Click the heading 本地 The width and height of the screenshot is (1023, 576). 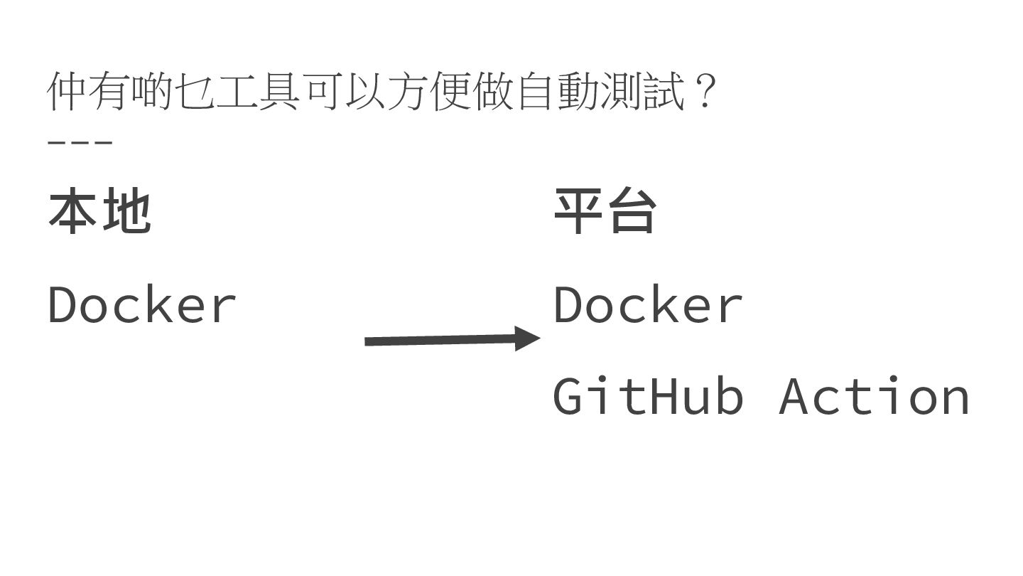(99, 212)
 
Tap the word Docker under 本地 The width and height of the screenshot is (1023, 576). (142, 305)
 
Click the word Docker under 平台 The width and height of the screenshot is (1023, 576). (648, 305)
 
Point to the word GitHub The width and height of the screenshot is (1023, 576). (648, 396)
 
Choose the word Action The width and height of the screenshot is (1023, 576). (875, 396)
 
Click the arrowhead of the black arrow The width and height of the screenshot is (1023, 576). (529, 338)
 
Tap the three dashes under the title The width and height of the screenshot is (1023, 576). (80, 142)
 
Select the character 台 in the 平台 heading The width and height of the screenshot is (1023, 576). (632, 212)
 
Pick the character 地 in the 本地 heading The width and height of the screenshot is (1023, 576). (126, 212)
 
